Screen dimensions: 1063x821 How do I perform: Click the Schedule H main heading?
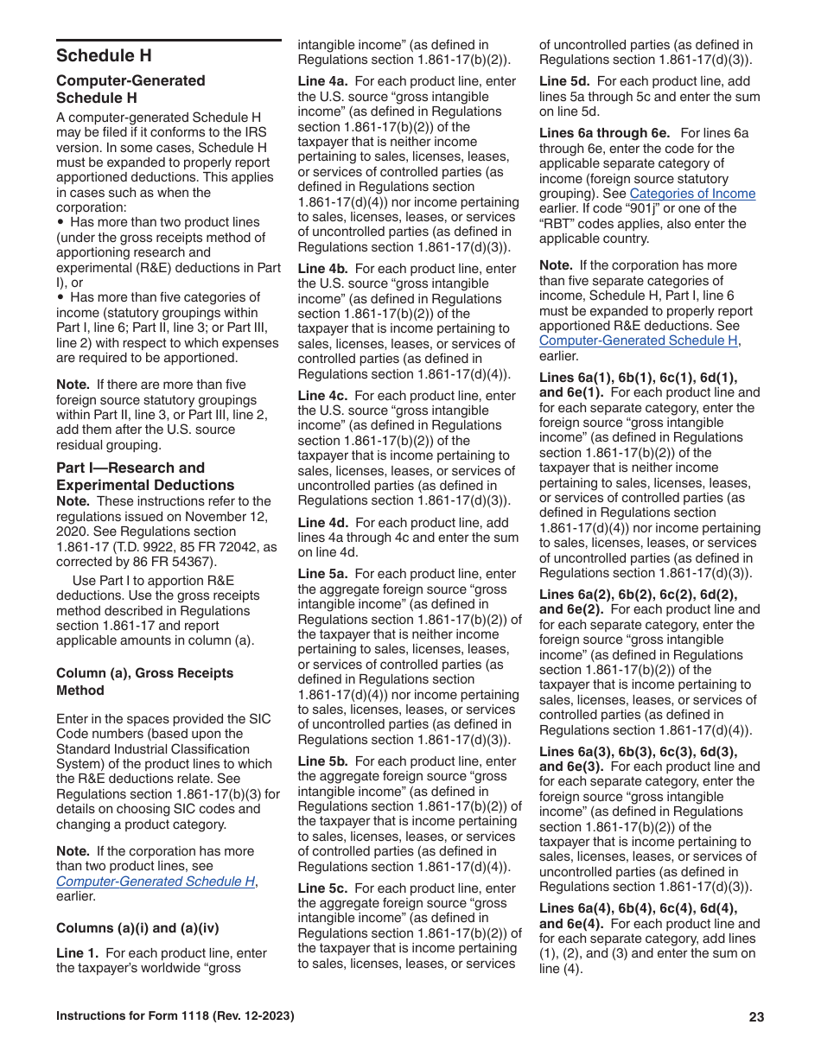coord(104,55)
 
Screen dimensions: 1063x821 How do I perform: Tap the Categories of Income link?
coord(692,194)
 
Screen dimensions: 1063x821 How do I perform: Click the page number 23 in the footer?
coord(756,1017)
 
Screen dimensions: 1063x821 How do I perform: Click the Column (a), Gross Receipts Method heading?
coord(144,681)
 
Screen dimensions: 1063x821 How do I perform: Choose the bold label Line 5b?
coord(322,761)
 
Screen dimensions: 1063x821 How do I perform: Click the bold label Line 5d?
coord(564,81)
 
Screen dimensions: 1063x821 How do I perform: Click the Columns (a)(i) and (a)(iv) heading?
coord(137,928)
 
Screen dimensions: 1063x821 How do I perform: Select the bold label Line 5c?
coord(322,888)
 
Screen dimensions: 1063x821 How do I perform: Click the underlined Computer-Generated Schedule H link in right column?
coord(639,341)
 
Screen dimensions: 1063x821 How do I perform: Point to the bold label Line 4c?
coord(322,396)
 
